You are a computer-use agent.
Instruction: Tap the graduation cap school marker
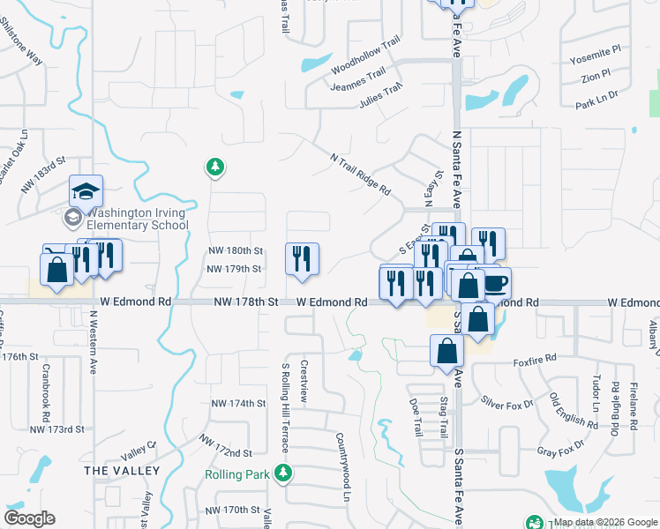pos(86,191)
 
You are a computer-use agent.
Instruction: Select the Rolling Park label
pos(236,474)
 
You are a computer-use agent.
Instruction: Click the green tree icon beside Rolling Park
pos(284,474)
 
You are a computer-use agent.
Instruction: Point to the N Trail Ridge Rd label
pos(360,174)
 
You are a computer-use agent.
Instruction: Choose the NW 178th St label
pos(246,302)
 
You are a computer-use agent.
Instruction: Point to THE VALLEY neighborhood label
pos(122,471)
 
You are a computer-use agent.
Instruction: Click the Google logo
pos(29,518)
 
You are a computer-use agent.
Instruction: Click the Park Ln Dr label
pos(596,99)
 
